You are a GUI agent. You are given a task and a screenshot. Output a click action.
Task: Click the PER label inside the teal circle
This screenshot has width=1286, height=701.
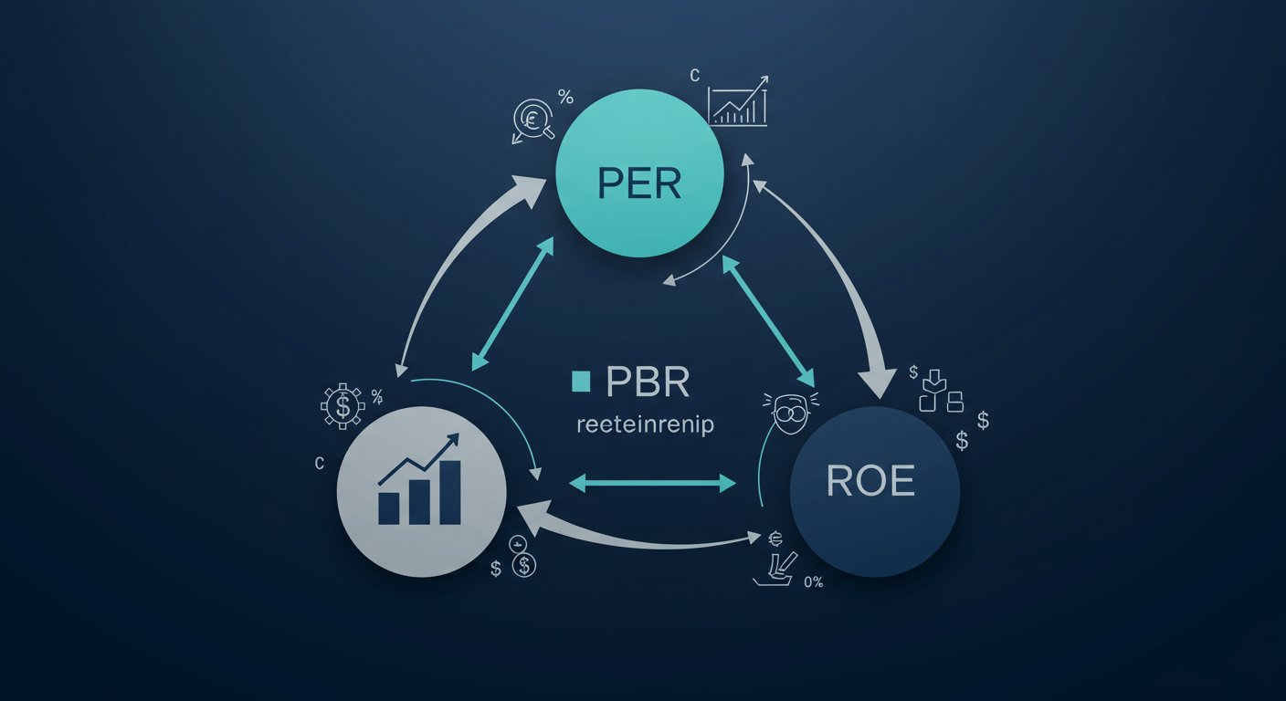click(639, 183)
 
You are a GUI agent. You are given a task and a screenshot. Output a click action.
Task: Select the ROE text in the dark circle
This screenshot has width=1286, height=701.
click(870, 482)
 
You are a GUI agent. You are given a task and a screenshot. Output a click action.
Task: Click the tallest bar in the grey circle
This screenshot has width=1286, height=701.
click(449, 492)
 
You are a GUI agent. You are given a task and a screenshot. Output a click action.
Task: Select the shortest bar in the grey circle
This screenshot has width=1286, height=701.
click(389, 508)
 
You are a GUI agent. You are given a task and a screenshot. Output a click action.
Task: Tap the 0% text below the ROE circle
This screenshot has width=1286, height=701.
click(813, 581)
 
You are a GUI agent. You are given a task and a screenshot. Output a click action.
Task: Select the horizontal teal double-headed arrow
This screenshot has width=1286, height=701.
click(652, 484)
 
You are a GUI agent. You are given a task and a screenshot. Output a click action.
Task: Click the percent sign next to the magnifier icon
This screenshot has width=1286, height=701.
click(565, 97)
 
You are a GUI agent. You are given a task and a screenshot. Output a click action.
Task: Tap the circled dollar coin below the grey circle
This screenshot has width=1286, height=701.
click(523, 566)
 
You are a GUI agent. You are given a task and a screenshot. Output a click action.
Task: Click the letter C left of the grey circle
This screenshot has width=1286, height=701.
click(319, 464)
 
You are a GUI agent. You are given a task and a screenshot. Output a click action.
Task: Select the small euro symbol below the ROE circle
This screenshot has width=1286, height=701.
click(777, 539)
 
